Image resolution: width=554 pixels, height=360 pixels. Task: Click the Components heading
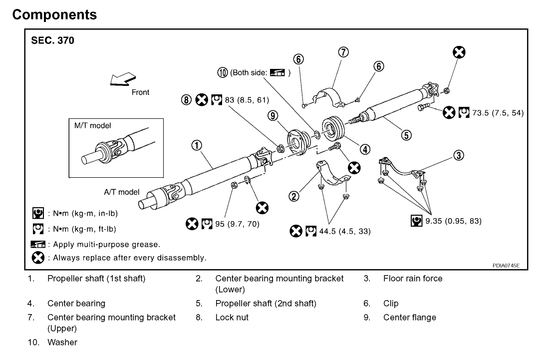54,14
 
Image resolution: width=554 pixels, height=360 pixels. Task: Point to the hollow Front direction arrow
123,79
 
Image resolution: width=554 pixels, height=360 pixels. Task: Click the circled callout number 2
294,196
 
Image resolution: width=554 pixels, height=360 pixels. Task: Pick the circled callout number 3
459,155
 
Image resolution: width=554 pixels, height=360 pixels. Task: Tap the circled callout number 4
365,149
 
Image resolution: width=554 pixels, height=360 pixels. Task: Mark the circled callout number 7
344,52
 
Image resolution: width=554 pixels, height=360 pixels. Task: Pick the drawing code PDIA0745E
506,266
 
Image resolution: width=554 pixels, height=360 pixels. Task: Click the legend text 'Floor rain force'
413,279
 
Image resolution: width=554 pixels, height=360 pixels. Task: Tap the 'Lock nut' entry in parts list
232,317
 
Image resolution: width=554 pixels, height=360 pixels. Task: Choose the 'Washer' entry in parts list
62,343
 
